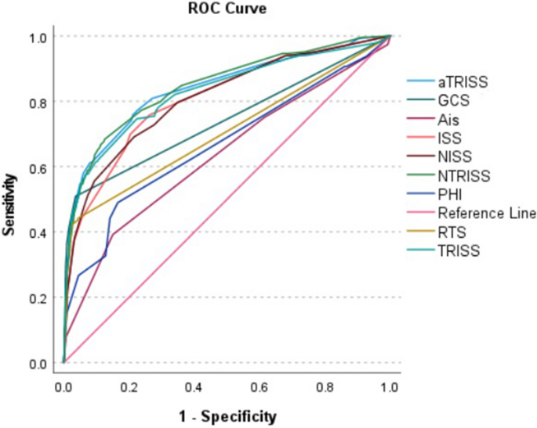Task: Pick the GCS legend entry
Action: click(x=455, y=100)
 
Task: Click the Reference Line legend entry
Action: click(x=486, y=213)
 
